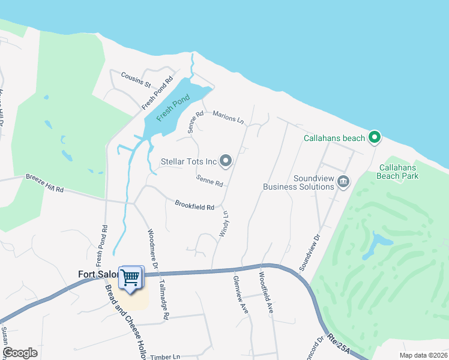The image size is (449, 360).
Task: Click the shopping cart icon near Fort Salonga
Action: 131,278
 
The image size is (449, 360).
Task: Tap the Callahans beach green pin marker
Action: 375,138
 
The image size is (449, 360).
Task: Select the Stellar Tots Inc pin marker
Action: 226,160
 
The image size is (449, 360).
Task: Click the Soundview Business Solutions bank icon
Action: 343,181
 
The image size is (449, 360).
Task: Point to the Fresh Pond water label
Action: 173,107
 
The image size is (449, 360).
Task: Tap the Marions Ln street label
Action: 228,118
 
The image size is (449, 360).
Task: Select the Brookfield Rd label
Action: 194,206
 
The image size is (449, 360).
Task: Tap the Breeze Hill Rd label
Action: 44,184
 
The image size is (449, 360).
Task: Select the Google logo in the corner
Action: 20,353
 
